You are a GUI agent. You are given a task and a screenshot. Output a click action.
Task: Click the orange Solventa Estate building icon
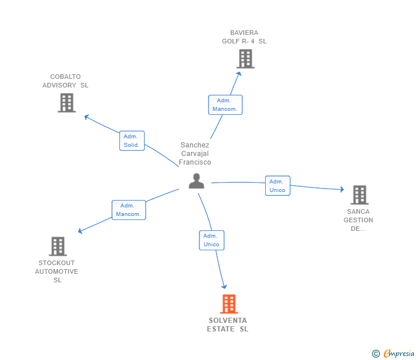[229, 304]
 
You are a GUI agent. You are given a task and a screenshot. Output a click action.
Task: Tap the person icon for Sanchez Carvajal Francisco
[197, 181]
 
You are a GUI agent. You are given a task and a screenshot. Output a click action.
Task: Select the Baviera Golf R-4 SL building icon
[245, 59]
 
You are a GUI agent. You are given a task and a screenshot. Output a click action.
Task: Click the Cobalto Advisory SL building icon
[67, 103]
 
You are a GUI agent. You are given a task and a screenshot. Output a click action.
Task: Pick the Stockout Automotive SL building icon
[58, 246]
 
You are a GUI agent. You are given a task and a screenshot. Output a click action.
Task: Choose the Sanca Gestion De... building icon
[359, 195]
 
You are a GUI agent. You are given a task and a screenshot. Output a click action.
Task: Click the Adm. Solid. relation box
[132, 141]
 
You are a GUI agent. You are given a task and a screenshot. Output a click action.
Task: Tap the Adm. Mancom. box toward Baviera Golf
[225, 105]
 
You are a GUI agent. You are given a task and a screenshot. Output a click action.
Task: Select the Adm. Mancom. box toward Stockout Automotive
[129, 210]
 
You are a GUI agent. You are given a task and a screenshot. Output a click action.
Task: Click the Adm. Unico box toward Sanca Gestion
[278, 186]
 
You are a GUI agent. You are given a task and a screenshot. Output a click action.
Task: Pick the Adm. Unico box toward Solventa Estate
[211, 240]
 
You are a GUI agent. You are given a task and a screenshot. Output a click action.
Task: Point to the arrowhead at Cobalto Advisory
[86, 117]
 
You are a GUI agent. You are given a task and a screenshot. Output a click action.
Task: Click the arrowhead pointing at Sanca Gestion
[342, 189]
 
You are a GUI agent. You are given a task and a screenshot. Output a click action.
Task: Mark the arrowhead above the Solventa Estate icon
[225, 286]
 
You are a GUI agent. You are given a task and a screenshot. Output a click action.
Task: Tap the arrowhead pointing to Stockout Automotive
[80, 231]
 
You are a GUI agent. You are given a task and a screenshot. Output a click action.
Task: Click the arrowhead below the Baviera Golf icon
[239, 74]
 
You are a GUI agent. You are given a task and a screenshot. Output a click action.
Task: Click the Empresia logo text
[399, 354]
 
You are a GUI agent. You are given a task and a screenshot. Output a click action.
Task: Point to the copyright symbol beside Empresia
[375, 354]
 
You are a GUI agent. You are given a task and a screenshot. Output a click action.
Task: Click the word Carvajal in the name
[195, 154]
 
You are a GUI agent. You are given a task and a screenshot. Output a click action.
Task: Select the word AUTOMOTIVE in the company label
[57, 271]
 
